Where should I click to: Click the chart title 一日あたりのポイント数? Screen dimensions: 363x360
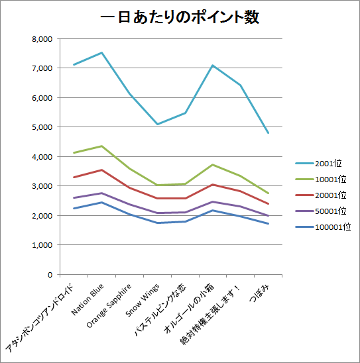pyautogui.click(x=179, y=18)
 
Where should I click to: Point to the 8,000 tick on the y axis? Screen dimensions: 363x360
pyautogui.click(x=41, y=38)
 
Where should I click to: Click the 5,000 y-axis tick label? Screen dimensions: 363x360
pyautogui.click(x=41, y=127)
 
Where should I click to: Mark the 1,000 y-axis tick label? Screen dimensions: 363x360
pyautogui.click(x=41, y=244)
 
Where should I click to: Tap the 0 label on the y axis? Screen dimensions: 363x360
pyautogui.click(x=49, y=274)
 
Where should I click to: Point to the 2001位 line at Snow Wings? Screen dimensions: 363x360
pyautogui.click(x=157, y=124)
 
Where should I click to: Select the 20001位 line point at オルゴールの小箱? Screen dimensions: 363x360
pyautogui.click(x=213, y=184)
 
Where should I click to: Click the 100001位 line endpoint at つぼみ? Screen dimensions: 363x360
pyautogui.click(x=269, y=223)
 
